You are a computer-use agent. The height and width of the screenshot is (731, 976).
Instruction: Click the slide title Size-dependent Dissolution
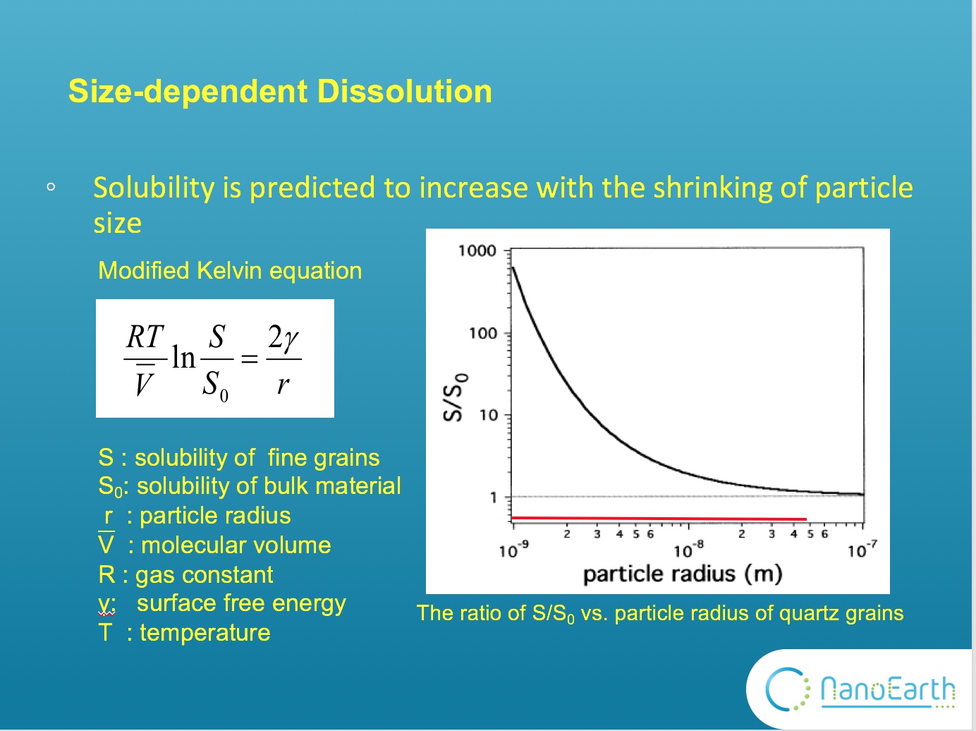coord(280,92)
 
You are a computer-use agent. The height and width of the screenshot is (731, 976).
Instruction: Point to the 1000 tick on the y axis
coord(477,250)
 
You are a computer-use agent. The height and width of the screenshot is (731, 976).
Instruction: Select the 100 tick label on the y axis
coord(483,333)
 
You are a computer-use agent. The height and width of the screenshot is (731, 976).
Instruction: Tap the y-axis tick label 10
coord(488,415)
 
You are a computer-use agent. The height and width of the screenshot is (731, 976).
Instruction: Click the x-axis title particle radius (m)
coord(682,574)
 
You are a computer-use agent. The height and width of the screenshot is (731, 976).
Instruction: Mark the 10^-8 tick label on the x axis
coord(688,550)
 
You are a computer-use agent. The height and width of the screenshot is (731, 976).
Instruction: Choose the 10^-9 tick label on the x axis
coord(513,550)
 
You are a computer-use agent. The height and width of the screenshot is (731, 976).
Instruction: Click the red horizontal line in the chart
coord(659,519)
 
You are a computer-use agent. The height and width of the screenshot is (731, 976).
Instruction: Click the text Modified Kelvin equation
coord(230,271)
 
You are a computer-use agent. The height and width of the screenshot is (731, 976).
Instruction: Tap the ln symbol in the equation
coord(184,358)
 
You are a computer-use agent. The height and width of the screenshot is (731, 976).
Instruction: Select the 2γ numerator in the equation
coord(283,337)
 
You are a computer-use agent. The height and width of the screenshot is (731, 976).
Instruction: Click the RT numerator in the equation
coord(145,337)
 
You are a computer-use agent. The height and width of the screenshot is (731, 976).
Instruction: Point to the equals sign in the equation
coord(250,359)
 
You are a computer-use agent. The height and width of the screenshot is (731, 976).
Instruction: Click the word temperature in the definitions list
coord(205,633)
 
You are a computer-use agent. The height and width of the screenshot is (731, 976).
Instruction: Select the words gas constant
coord(204,575)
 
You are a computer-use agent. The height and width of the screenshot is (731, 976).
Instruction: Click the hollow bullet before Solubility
coord(51,188)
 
